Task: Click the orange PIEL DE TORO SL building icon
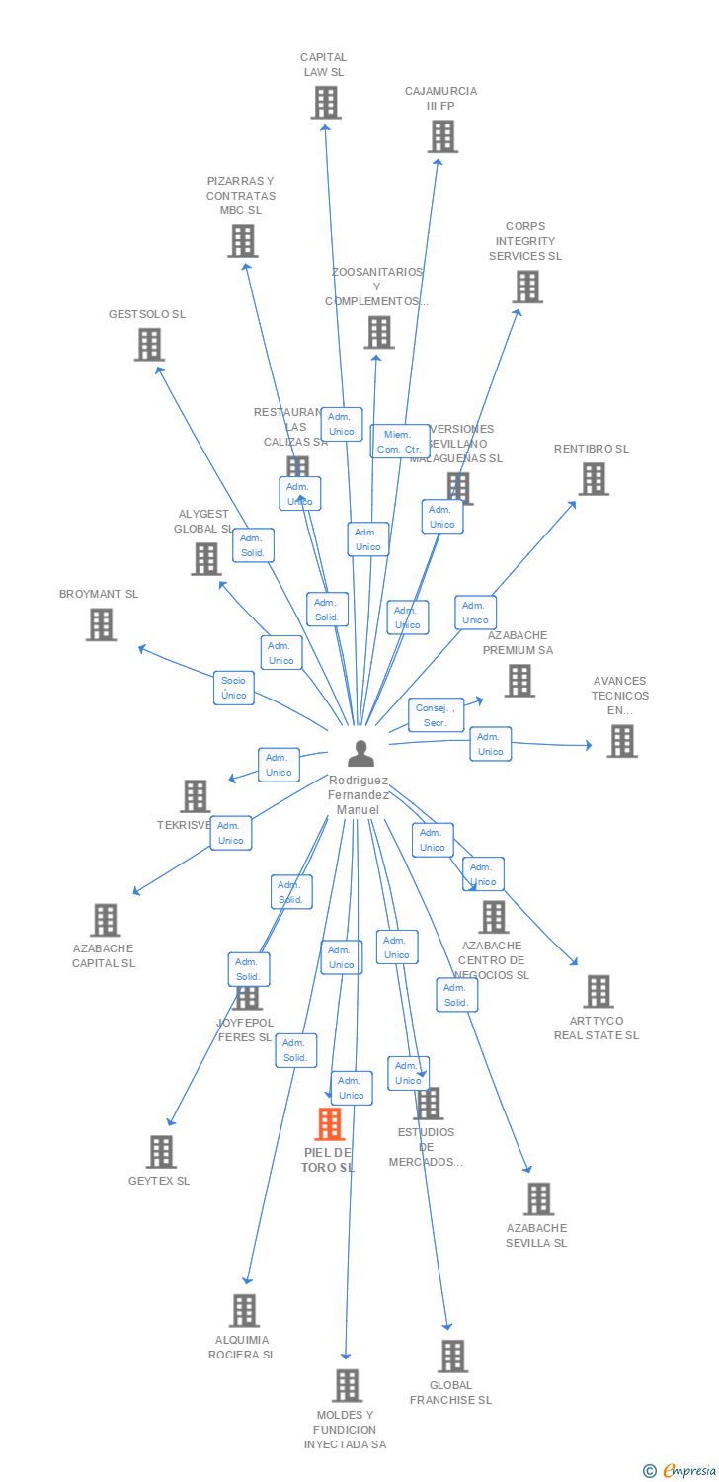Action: [329, 1124]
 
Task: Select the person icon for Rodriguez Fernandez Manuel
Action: [361, 754]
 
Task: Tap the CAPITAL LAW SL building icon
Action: [326, 103]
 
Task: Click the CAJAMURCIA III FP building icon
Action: [442, 136]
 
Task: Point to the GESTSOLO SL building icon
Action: [149, 345]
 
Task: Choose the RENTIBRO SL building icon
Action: [594, 479]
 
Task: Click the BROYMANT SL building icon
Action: [101, 624]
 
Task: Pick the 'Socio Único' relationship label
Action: [234, 688]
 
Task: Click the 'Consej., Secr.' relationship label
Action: [436, 715]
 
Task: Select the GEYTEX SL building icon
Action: [161, 1152]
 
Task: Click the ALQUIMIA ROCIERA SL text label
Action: [242, 1347]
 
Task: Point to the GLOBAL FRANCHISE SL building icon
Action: [452, 1357]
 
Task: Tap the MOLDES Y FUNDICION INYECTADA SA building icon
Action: [347, 1386]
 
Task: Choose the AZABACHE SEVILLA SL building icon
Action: [538, 1199]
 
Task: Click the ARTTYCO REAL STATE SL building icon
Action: [599, 991]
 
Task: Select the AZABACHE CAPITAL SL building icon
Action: [105, 920]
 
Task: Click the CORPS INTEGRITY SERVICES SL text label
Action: [525, 241]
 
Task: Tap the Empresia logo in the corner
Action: [680, 1471]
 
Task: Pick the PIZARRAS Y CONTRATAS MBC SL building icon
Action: [242, 241]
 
